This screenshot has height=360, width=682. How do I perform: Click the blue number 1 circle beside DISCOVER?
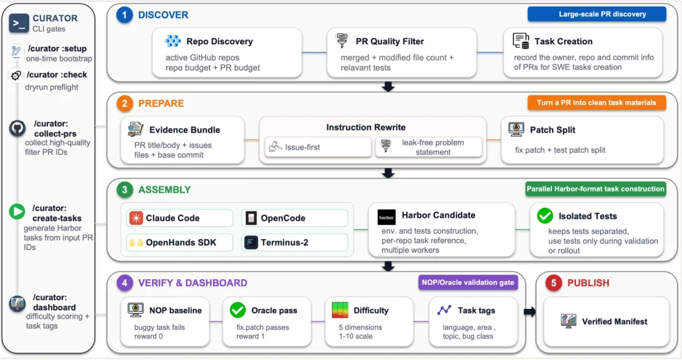tap(124, 15)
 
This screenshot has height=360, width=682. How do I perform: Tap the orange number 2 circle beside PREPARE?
tap(124, 104)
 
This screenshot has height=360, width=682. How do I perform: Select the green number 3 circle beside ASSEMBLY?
tap(124, 190)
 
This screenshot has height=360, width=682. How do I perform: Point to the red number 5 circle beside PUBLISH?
tap(553, 283)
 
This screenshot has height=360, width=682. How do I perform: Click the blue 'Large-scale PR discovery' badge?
tap(597, 14)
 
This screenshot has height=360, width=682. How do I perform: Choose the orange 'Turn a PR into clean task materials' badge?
tap(597, 102)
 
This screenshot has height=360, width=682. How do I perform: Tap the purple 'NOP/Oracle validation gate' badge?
tap(467, 282)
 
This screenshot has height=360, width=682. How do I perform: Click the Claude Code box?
tap(179, 218)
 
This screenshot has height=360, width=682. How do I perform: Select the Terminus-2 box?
tap(295, 243)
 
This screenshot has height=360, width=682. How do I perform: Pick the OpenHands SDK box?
tap(179, 243)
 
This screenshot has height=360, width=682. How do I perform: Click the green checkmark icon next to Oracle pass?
tap(238, 310)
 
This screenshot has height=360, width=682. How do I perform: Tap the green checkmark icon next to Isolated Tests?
tap(544, 215)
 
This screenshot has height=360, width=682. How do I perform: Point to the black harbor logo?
tap(386, 217)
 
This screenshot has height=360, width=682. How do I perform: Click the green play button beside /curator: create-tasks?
tap(17, 212)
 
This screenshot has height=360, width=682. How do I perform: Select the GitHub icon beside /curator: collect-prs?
tap(18, 128)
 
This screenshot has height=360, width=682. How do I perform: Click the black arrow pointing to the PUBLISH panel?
tap(529, 312)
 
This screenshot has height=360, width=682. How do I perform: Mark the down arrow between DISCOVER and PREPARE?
tap(388, 87)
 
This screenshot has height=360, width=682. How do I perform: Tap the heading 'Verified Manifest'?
tap(614, 321)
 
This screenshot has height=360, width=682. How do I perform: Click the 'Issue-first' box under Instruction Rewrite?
tap(318, 147)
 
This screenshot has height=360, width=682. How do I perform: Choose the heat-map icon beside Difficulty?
tap(340, 310)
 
